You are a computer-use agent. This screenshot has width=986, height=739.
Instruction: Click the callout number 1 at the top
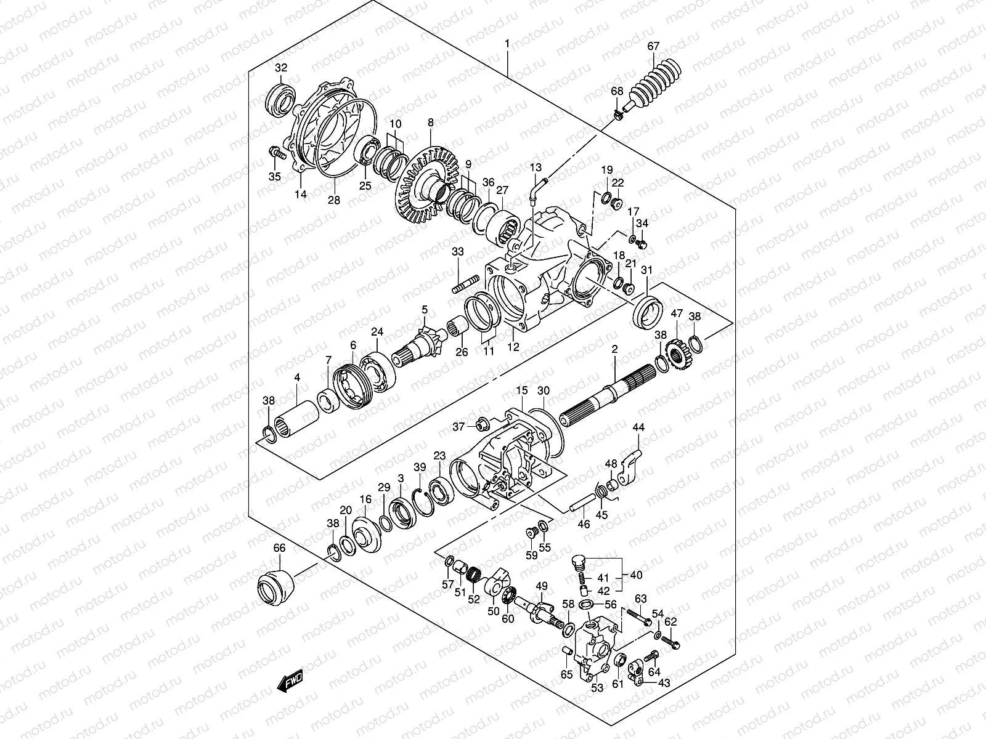point(507,44)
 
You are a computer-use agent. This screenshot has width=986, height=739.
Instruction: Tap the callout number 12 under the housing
point(513,347)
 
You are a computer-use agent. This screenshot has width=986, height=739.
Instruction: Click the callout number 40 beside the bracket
point(636,575)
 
